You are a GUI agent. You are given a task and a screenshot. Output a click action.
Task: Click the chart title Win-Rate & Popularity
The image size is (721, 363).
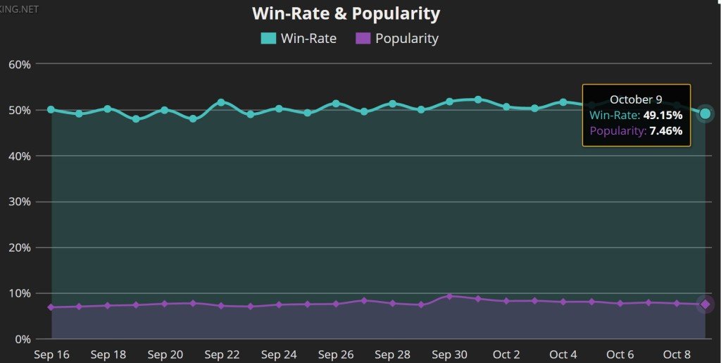pyautogui.click(x=346, y=13)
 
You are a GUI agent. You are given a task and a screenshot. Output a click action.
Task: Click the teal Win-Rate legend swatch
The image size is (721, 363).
pyautogui.click(x=268, y=39)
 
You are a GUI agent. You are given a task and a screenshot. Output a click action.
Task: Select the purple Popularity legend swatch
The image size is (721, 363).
pyautogui.click(x=363, y=39)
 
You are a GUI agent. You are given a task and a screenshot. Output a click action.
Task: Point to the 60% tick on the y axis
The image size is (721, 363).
pyautogui.click(x=19, y=64)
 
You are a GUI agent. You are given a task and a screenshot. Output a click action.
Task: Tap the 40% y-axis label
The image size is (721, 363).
pyautogui.click(x=19, y=156)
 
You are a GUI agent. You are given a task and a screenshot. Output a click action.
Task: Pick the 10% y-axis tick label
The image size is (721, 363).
pyautogui.click(x=19, y=293)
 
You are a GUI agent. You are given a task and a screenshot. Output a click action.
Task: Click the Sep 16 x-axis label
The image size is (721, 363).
pyautogui.click(x=51, y=355)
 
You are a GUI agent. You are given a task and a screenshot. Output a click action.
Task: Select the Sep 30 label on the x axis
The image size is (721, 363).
pyautogui.click(x=450, y=355)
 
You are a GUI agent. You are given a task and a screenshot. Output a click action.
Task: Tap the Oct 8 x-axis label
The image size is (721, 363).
pyautogui.click(x=677, y=355)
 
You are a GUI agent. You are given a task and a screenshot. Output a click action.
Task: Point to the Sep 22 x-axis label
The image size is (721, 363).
pyautogui.click(x=222, y=355)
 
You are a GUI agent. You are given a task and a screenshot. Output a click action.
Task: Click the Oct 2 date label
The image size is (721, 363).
pyautogui.click(x=506, y=355)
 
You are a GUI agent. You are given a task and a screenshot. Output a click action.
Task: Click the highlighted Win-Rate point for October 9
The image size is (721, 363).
pyautogui.click(x=705, y=113)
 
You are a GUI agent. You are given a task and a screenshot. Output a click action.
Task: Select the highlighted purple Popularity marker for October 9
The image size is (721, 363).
pyautogui.click(x=705, y=304)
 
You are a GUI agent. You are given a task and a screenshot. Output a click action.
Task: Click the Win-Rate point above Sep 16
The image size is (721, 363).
pyautogui.click(x=51, y=109)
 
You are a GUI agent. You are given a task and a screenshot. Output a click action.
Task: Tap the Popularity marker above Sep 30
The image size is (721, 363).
pyautogui.click(x=449, y=296)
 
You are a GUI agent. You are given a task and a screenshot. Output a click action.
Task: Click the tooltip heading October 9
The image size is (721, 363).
pyautogui.click(x=636, y=99)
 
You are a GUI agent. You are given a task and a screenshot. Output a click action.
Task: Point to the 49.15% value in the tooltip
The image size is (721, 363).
pyautogui.click(x=663, y=115)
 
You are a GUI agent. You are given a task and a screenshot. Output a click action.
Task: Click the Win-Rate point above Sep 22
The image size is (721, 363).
pyautogui.click(x=221, y=102)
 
